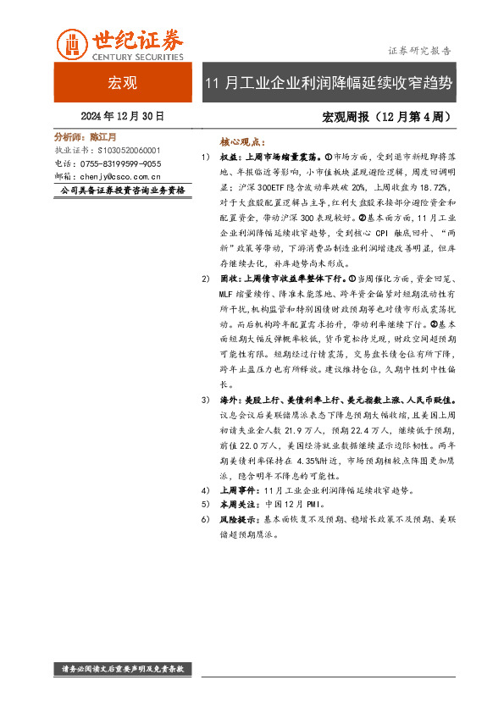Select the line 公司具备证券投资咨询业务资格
(123, 191)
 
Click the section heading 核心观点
(242, 142)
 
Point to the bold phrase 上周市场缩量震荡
(287, 157)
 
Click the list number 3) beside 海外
(205, 399)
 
